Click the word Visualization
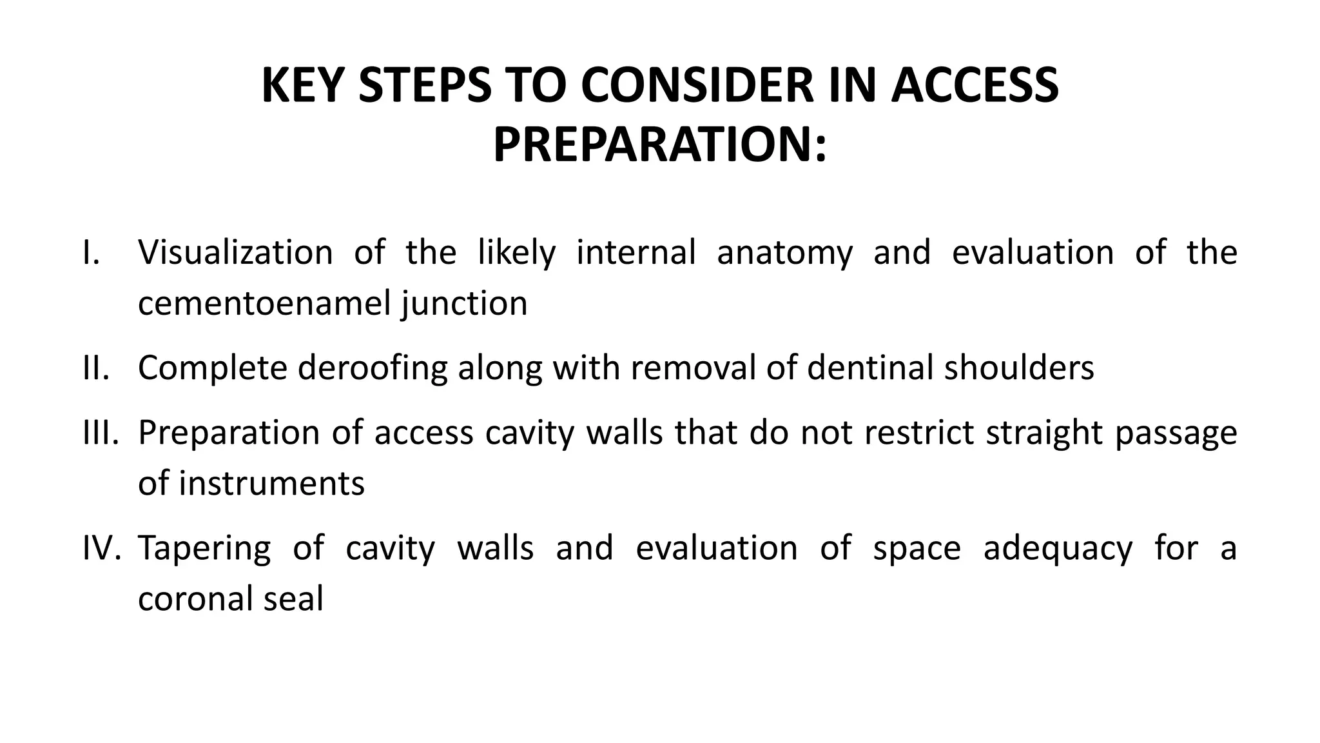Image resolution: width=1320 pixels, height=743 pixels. pos(235,252)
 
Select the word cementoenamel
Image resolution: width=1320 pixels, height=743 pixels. pos(264,303)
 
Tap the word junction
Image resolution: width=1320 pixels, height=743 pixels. pos(464,303)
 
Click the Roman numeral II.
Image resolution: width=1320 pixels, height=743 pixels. pos(96,368)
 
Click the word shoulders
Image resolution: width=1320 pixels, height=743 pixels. pos(1019,368)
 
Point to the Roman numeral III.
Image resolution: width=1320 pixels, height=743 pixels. pos(101,432)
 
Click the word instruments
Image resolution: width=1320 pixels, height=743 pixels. pos(271,483)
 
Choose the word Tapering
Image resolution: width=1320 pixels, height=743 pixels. pos(204,548)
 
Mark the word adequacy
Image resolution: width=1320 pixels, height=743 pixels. pos(1058,548)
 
